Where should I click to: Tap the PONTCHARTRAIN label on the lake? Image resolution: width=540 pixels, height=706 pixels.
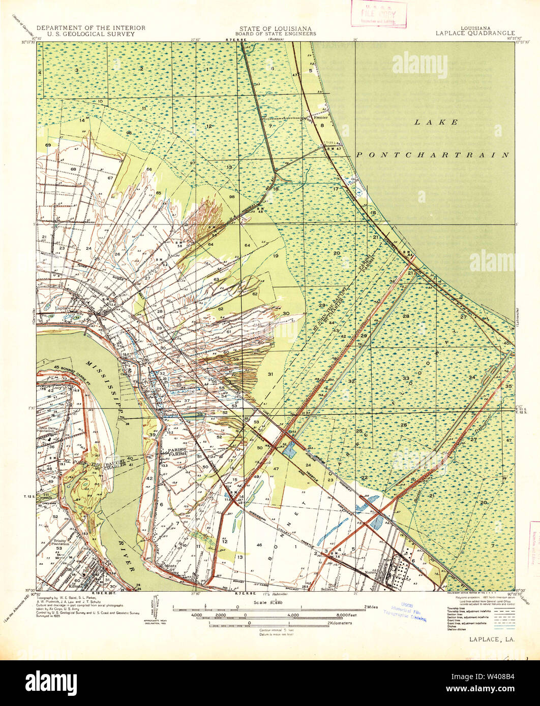click(432, 155)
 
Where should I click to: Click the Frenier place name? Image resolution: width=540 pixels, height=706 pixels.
click(321, 117)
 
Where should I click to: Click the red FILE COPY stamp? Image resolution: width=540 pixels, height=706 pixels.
click(378, 14)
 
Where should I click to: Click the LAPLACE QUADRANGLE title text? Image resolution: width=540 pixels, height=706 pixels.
click(474, 34)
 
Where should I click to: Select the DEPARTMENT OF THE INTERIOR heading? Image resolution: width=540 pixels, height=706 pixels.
click(91, 28)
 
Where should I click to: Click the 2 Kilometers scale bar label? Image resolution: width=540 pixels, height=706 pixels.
click(339, 623)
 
